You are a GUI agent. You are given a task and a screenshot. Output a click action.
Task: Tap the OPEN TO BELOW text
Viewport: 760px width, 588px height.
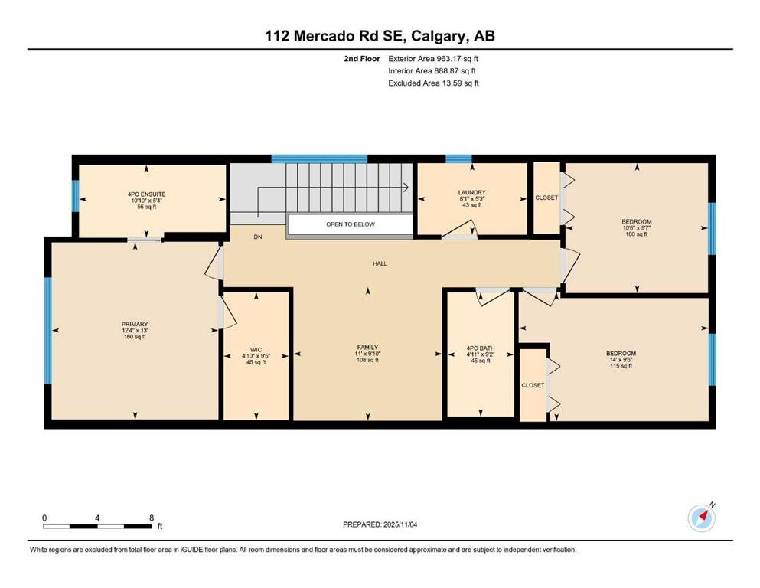351,224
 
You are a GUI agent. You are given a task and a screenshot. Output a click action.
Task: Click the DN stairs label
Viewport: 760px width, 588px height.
258,237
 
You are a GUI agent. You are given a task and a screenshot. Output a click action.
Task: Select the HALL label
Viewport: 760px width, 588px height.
380,263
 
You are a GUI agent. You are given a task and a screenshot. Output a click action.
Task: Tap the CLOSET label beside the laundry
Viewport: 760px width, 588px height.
546,198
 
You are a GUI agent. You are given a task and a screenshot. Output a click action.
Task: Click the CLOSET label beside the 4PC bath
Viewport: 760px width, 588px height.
533,385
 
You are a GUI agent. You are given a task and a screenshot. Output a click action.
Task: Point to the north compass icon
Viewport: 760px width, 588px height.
702,518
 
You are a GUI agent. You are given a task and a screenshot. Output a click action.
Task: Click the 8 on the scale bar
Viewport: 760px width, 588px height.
152,518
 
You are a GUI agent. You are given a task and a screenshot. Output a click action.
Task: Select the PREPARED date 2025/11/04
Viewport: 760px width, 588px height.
400,524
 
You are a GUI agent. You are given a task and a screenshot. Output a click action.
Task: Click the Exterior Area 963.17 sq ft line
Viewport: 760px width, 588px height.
433,59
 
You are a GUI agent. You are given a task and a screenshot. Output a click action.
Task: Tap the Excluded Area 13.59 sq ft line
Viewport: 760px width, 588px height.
433,83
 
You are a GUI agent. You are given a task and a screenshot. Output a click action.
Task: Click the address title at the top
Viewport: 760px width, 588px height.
380,36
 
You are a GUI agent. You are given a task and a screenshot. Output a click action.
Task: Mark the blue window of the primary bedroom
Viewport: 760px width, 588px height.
48,331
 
